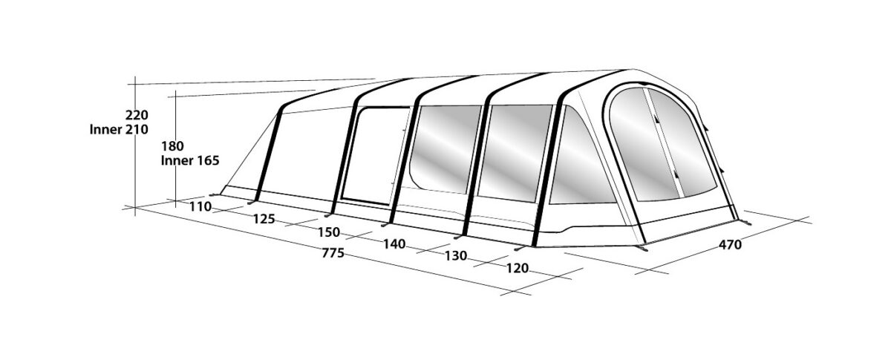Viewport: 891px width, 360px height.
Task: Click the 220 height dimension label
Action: pyautogui.click(x=137, y=115)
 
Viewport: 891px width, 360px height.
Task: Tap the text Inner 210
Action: pyautogui.click(x=119, y=130)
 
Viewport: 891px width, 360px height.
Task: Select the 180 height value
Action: pyautogui.click(x=172, y=146)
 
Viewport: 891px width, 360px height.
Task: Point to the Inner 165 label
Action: pyautogui.click(x=190, y=161)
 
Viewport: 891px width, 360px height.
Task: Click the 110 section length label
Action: pyautogui.click(x=200, y=207)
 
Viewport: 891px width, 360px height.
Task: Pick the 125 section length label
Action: pyautogui.click(x=264, y=219)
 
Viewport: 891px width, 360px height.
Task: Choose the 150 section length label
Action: pyautogui.click(x=329, y=232)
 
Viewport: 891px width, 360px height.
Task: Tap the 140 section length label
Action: pyautogui.click(x=394, y=244)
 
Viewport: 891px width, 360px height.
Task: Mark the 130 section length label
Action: pyautogui.click(x=455, y=256)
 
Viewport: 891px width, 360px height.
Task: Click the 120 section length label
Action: pyautogui.click(x=517, y=269)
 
